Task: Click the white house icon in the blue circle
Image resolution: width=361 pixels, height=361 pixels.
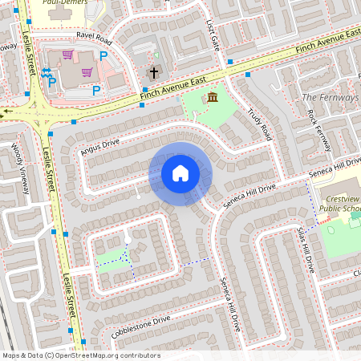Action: pos(180,173)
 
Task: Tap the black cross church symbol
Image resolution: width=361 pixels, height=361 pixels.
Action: pos(153,72)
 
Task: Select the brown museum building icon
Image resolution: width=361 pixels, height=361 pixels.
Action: pos(212,98)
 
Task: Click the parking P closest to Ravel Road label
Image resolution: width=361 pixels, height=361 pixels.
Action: pos(103,55)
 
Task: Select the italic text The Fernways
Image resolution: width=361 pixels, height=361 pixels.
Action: pos(329,97)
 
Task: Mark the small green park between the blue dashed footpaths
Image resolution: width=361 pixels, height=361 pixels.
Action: pos(115,256)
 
